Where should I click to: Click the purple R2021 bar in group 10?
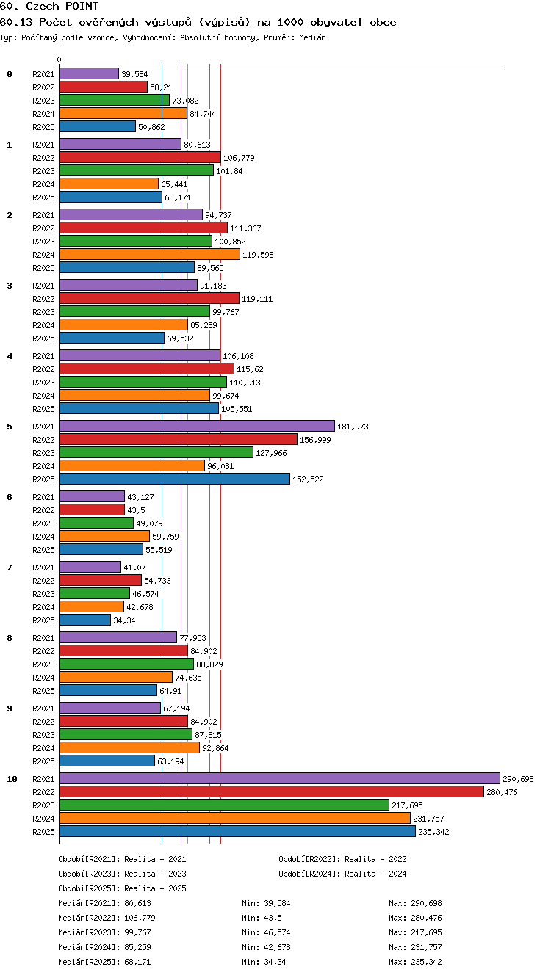click(280, 778)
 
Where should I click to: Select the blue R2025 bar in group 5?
click(175, 479)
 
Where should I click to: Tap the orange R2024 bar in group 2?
click(150, 254)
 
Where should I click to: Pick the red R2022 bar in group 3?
click(149, 298)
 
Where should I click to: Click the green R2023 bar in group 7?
click(95, 593)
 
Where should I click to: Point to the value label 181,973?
click(353, 427)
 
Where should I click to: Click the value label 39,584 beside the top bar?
click(134, 74)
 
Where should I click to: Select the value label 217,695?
click(407, 805)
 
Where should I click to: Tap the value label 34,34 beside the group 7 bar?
click(125, 620)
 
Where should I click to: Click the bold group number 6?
click(10, 497)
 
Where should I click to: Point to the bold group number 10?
click(12, 779)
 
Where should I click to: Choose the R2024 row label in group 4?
click(43, 396)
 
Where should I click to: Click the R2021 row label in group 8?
click(43, 638)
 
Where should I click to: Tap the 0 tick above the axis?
click(60, 59)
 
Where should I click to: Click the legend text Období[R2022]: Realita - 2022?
click(342, 859)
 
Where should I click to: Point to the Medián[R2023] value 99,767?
click(137, 932)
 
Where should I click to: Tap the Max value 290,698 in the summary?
click(426, 903)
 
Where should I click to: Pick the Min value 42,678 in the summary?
click(277, 947)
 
